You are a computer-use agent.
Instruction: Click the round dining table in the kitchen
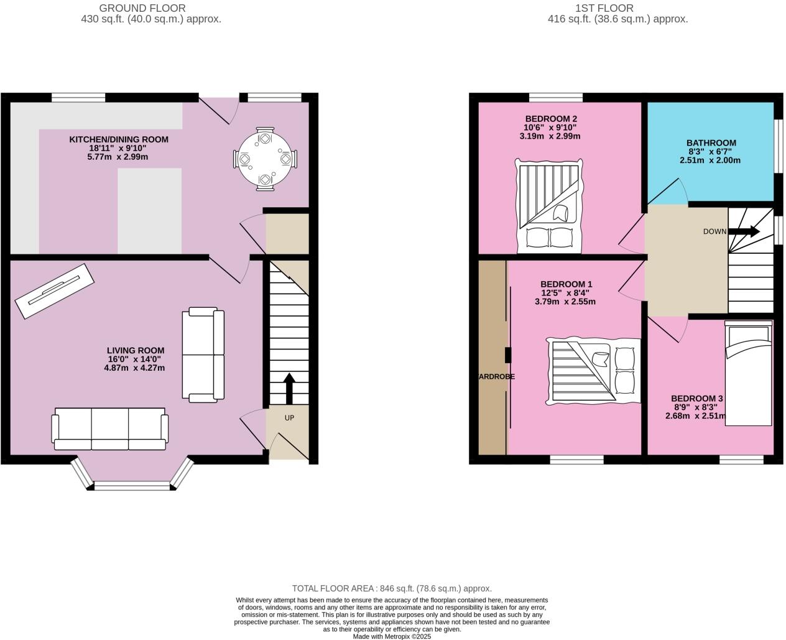tap(266, 159)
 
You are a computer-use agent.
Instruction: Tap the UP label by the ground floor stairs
tap(289, 418)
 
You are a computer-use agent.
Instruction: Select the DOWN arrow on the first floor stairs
tap(744, 232)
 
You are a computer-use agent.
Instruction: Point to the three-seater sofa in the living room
tap(110, 429)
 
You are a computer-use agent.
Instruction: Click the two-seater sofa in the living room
tap(203, 354)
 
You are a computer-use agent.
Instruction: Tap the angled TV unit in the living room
tap(54, 290)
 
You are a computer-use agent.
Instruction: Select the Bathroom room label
tap(711, 143)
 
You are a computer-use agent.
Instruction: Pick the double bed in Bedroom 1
tap(594, 371)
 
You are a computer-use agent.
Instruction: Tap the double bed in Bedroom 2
tap(550, 206)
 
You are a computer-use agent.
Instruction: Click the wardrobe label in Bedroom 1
tap(496, 376)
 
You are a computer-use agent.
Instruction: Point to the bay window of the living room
tap(131, 485)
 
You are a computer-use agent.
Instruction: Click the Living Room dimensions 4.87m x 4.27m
tap(134, 368)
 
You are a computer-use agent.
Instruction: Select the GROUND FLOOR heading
tap(142, 8)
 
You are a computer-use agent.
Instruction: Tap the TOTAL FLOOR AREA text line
tap(392, 588)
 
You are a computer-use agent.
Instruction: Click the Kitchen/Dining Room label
tap(118, 139)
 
